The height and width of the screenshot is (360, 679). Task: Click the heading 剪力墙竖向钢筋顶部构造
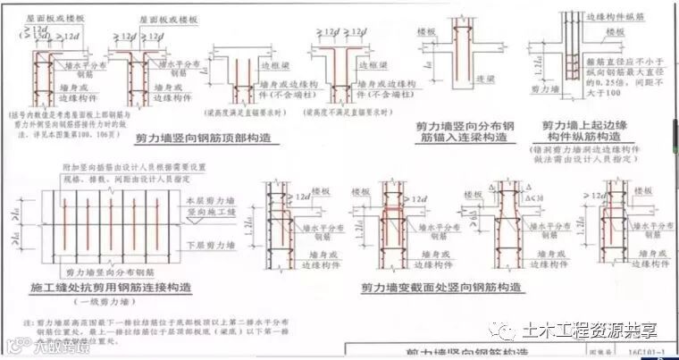pyautogui.click(x=202, y=139)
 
